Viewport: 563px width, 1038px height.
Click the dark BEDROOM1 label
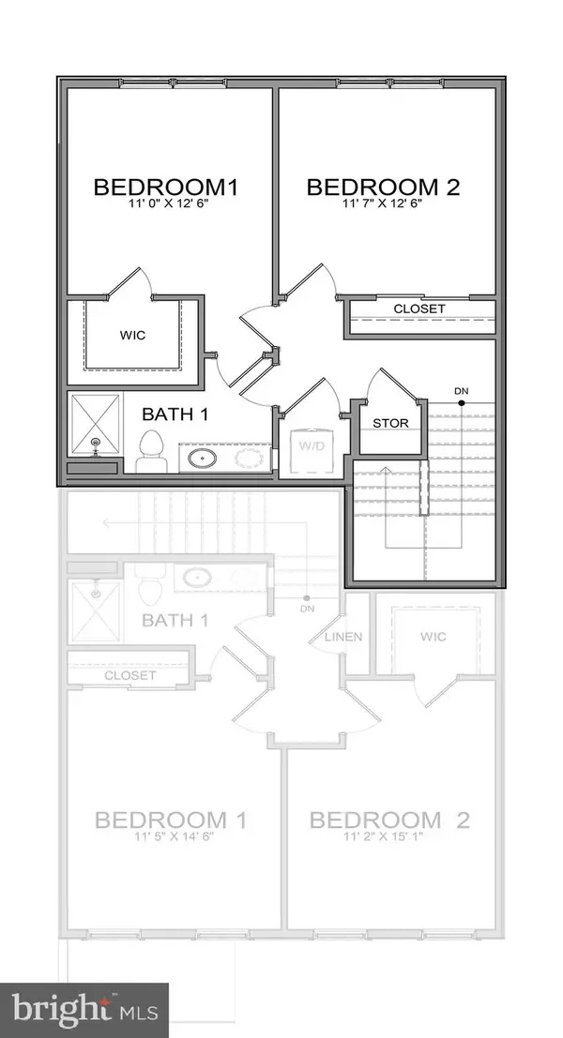click(x=165, y=187)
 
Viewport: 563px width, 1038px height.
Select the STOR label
click(x=391, y=423)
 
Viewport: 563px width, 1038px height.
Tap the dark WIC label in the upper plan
click(x=131, y=334)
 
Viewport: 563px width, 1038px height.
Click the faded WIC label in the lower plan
click(x=433, y=638)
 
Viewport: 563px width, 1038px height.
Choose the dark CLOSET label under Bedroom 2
click(x=419, y=309)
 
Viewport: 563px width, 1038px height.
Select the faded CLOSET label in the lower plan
click(x=129, y=674)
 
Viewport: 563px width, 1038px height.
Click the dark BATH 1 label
click(x=174, y=414)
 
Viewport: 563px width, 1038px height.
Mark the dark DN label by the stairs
click(x=461, y=390)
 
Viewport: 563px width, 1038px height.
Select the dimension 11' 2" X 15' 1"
click(x=388, y=838)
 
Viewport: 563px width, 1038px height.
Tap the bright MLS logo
click(x=84, y=1010)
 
